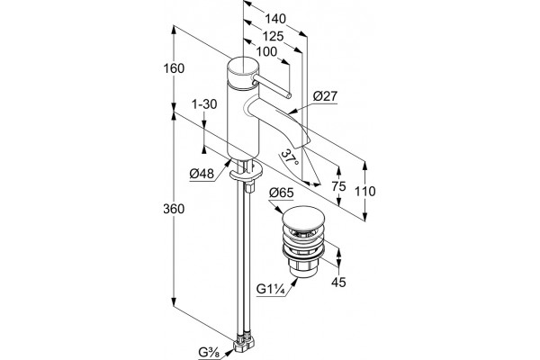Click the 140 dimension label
point(275,19)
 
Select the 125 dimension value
point(273,36)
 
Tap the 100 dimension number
point(266,51)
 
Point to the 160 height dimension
point(174,68)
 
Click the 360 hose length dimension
point(174,209)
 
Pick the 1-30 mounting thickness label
point(204,104)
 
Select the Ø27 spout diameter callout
point(326,96)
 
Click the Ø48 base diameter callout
point(202,174)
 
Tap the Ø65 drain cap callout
point(282,193)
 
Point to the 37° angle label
point(290,157)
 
